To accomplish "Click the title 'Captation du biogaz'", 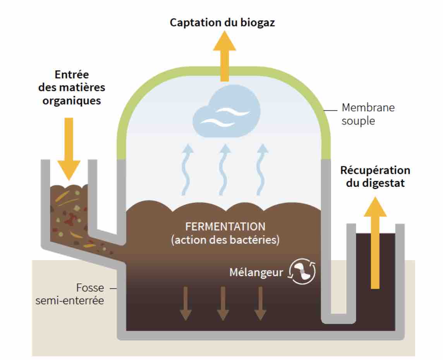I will click(x=222, y=22).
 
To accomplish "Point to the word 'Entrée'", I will click(x=72, y=74).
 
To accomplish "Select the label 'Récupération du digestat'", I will click(x=375, y=176).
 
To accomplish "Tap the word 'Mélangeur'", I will click(x=256, y=272).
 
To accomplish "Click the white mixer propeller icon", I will click(x=302, y=271).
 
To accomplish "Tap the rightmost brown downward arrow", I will click(x=260, y=303).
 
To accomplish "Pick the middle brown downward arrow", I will click(x=223, y=303).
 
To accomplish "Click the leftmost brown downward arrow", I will click(x=186, y=303).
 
